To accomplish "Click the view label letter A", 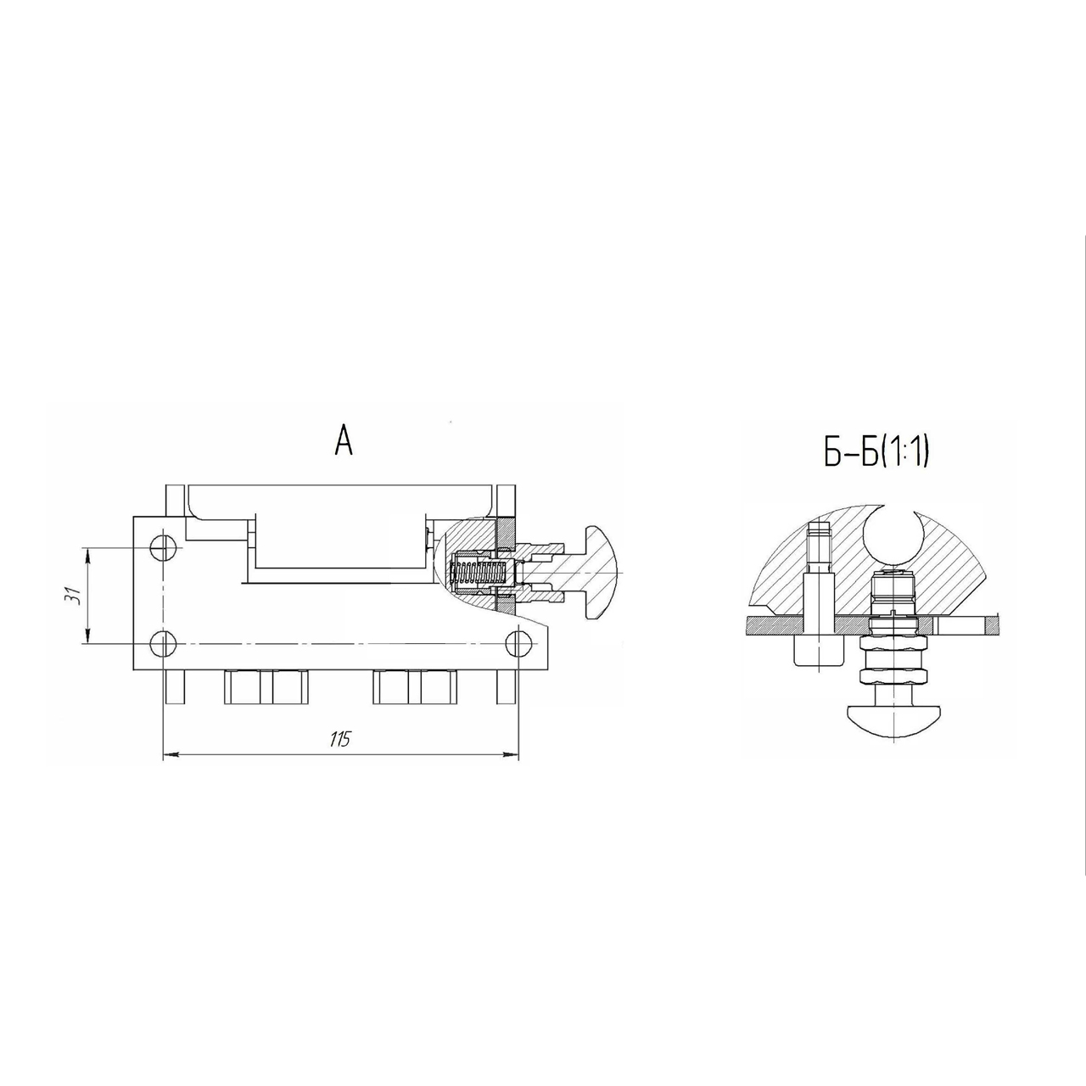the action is tap(344, 440).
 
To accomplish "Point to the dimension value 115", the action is tap(340, 739).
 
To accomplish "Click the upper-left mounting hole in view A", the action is tap(164, 547).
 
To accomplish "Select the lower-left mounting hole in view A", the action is tap(164, 644).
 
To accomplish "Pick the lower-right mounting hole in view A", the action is tap(518, 644).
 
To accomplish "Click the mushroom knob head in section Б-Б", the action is tap(893, 723).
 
